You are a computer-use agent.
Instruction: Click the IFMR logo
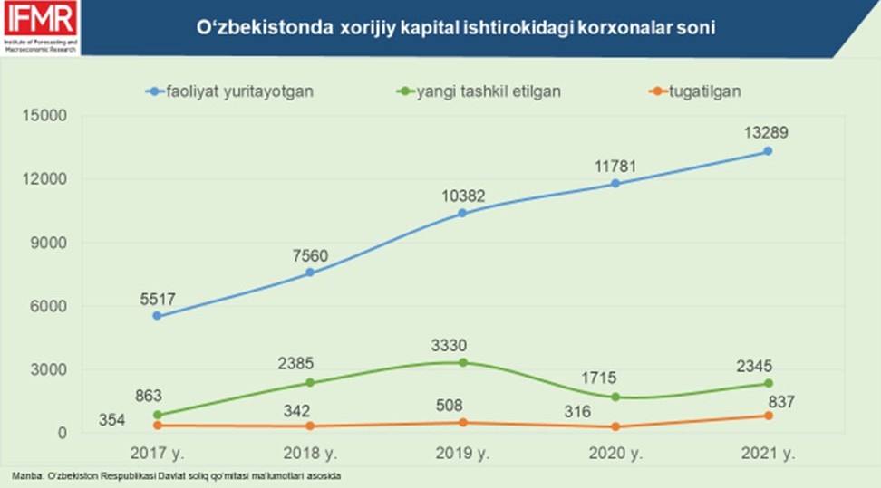39,27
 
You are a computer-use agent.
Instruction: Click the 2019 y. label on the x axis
462,453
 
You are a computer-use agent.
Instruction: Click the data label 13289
767,132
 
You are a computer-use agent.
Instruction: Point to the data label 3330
462,344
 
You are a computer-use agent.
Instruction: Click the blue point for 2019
462,213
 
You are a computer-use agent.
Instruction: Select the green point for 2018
310,382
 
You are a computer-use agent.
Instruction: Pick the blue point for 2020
615,183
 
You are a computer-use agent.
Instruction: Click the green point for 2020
615,397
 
